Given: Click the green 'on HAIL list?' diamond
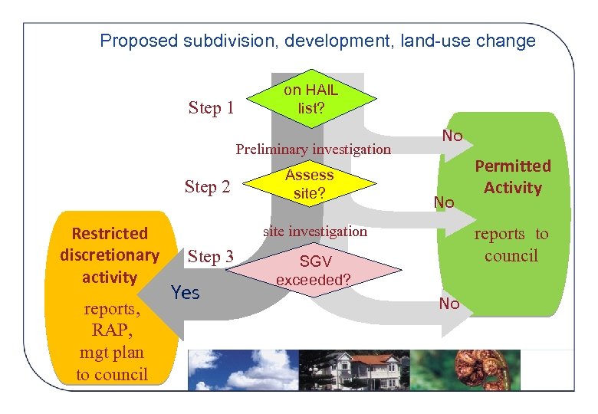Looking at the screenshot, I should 310,99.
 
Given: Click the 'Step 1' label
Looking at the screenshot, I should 211,108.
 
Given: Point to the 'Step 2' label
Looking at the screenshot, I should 207,186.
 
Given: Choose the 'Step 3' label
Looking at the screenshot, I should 211,257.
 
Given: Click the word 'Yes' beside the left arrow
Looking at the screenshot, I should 186,292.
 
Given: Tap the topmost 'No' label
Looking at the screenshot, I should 452,136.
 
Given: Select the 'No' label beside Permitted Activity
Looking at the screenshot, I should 444,202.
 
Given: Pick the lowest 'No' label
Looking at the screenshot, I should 449,304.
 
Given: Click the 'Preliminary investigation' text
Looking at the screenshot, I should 313,149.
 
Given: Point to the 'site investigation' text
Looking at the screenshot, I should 315,231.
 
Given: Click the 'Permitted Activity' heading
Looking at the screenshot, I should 513,176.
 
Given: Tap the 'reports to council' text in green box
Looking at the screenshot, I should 511,245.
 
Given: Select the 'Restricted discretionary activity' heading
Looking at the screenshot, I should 109,255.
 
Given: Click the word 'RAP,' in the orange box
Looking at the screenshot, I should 111,330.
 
